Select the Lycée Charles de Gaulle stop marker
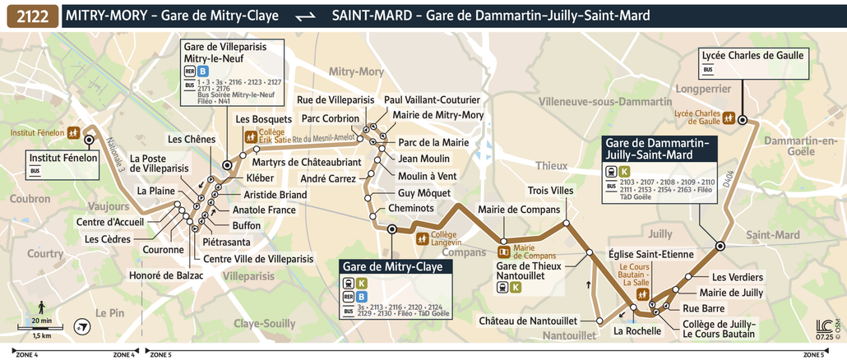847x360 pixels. coord(742,120)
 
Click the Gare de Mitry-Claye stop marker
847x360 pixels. coord(391,230)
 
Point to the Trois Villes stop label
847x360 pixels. coord(550,191)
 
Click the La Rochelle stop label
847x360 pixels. coord(637,331)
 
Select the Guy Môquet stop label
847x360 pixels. coord(424,192)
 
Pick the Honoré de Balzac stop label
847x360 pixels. coord(166,275)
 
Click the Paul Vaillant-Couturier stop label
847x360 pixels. coord(432,99)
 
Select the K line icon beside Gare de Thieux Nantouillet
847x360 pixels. coord(516,287)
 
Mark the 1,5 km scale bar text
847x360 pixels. coord(42,335)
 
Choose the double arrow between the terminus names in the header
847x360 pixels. coord(305,16)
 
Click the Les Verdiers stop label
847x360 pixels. coord(737,276)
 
